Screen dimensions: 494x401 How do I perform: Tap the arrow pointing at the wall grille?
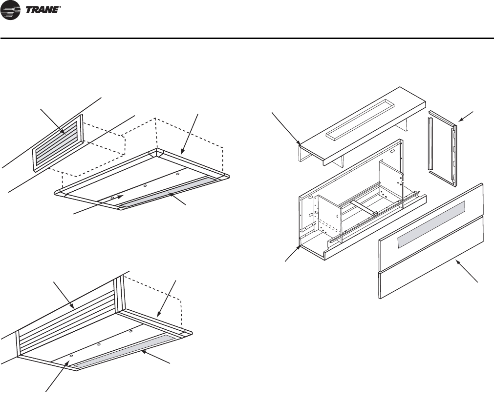pos(51,120)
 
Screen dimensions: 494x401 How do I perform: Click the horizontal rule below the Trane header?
pos(247,38)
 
